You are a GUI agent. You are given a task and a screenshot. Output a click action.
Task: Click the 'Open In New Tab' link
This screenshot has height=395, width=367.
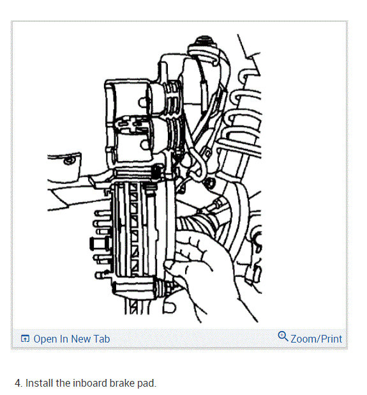(71, 339)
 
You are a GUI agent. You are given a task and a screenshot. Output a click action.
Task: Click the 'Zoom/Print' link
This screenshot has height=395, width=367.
(316, 339)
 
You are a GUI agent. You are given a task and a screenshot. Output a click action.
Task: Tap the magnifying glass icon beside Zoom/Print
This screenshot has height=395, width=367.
(283, 337)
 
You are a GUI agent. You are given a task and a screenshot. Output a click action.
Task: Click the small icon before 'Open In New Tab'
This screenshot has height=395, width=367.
(26, 339)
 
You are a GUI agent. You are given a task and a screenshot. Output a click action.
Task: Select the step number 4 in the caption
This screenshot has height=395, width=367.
(18, 383)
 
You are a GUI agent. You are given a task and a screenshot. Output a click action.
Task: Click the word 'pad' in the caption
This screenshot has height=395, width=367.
(147, 383)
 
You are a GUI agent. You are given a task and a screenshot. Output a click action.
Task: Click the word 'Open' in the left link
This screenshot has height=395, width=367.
(45, 339)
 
